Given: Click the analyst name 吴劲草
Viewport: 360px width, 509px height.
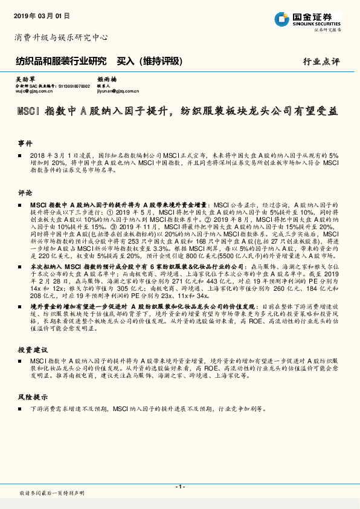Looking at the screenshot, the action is [x=24, y=79].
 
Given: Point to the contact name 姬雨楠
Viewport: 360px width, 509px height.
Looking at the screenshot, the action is [x=106, y=79].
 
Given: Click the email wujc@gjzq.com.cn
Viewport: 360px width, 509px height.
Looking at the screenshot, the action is [x=34, y=91].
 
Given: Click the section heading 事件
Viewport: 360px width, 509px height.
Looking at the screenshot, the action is [x=25, y=144].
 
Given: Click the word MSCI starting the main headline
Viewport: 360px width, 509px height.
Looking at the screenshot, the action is [x=27, y=111].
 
